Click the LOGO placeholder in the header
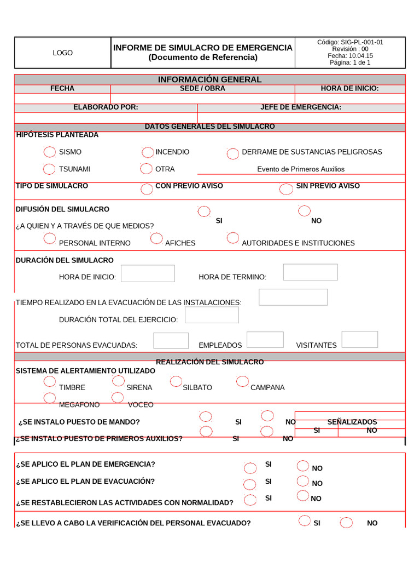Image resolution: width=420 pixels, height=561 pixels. point(62,53)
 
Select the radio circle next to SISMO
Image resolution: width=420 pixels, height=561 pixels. point(49,152)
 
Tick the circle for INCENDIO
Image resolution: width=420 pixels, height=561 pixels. point(148,152)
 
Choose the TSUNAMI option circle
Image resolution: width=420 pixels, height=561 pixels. point(49,169)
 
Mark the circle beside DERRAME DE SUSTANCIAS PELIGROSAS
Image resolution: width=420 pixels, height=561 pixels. point(233,153)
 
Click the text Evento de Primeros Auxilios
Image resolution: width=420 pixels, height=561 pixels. point(301,169)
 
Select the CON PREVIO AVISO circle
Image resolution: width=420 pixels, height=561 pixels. point(147,189)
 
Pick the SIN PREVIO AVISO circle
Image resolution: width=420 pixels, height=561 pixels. point(286,189)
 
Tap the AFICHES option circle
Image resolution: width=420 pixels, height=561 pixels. point(156,238)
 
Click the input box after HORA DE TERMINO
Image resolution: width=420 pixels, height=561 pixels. point(310,272)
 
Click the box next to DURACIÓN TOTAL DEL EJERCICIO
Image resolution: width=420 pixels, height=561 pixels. point(212,315)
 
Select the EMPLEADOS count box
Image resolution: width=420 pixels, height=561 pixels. point(265,340)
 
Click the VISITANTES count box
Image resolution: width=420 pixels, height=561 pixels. point(359,339)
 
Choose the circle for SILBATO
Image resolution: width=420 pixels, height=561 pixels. point(176,381)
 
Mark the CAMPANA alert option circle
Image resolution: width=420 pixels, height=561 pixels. point(243,381)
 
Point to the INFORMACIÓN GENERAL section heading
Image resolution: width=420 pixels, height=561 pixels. point(209,79)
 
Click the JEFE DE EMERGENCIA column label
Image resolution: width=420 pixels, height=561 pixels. point(301,107)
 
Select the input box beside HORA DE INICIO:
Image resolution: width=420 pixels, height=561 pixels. point(148,273)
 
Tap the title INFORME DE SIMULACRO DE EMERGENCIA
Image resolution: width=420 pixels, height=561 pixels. point(202,48)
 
